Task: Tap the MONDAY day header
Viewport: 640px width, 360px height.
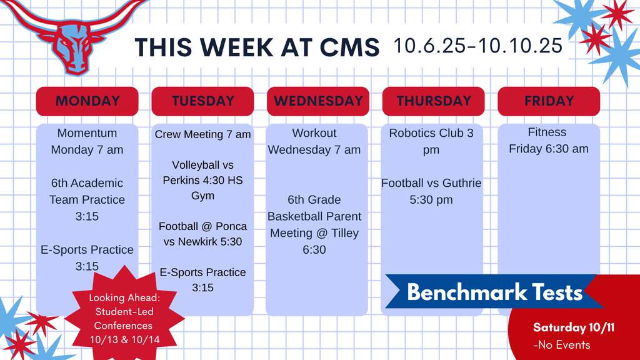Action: [x=87, y=101]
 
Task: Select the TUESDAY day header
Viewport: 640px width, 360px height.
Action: [x=202, y=101]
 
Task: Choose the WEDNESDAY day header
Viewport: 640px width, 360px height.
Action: [x=318, y=101]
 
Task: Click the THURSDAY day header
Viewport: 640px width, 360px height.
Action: [x=433, y=101]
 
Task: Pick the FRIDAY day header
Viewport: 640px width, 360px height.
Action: [x=548, y=101]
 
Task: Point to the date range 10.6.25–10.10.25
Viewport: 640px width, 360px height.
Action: [x=478, y=46]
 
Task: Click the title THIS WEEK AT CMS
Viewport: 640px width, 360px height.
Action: [x=257, y=47]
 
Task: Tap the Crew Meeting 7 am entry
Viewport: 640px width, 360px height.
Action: [x=202, y=134]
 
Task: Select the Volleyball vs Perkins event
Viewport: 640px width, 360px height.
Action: [x=202, y=180]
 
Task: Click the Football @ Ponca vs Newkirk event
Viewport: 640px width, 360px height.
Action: [x=202, y=234]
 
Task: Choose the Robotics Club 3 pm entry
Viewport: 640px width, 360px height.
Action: [x=431, y=141]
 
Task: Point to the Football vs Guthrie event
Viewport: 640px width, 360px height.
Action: [x=431, y=191]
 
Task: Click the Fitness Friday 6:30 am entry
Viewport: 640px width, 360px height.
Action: [x=548, y=141]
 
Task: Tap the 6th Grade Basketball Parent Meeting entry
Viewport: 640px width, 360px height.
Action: [x=314, y=224]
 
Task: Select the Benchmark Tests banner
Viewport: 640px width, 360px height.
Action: [x=494, y=292]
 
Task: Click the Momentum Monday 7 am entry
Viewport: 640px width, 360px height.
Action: [x=87, y=141]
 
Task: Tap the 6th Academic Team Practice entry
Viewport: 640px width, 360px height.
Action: [x=87, y=199]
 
